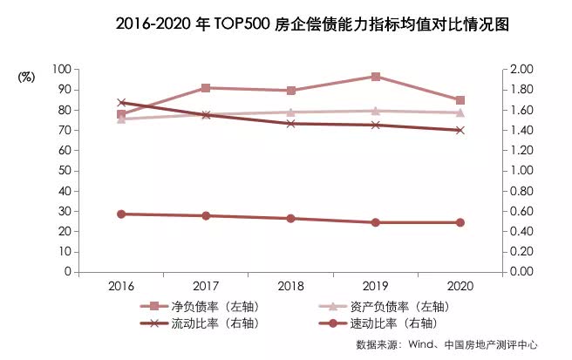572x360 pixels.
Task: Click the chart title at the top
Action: point(285,25)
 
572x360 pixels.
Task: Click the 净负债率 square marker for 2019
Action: point(376,77)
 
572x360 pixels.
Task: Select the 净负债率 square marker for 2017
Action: point(206,88)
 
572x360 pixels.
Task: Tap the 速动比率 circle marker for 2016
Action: point(121,214)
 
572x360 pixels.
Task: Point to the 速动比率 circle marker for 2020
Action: point(460,222)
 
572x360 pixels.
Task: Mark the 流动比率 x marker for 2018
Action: point(290,124)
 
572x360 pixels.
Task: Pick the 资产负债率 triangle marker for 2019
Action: point(376,111)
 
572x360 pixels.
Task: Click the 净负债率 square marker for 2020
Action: point(460,100)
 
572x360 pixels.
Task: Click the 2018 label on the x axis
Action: point(290,287)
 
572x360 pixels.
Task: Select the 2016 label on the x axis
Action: point(121,287)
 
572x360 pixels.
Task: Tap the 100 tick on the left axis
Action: point(60,69)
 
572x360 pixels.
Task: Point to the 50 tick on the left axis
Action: point(63,171)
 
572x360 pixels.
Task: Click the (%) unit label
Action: point(26,76)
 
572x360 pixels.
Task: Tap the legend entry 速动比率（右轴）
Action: point(399,323)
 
